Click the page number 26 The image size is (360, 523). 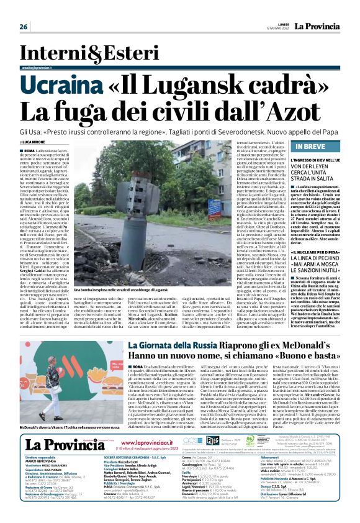tap(24, 27)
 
